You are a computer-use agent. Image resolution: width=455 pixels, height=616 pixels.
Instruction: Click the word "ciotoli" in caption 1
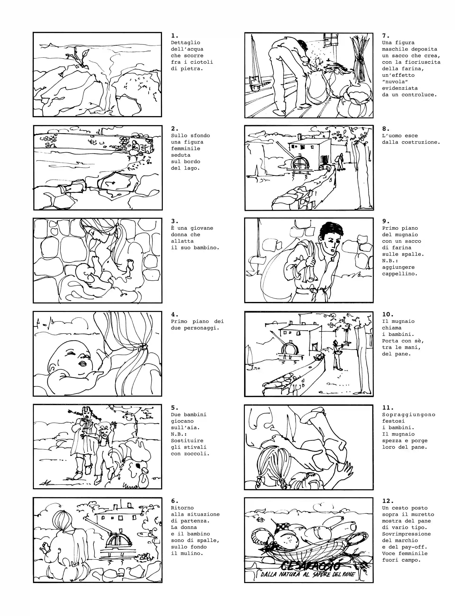tap(202, 62)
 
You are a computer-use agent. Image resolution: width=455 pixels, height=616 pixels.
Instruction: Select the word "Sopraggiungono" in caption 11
tap(409, 415)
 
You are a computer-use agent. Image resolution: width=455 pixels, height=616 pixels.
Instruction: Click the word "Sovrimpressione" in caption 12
tap(406, 534)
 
